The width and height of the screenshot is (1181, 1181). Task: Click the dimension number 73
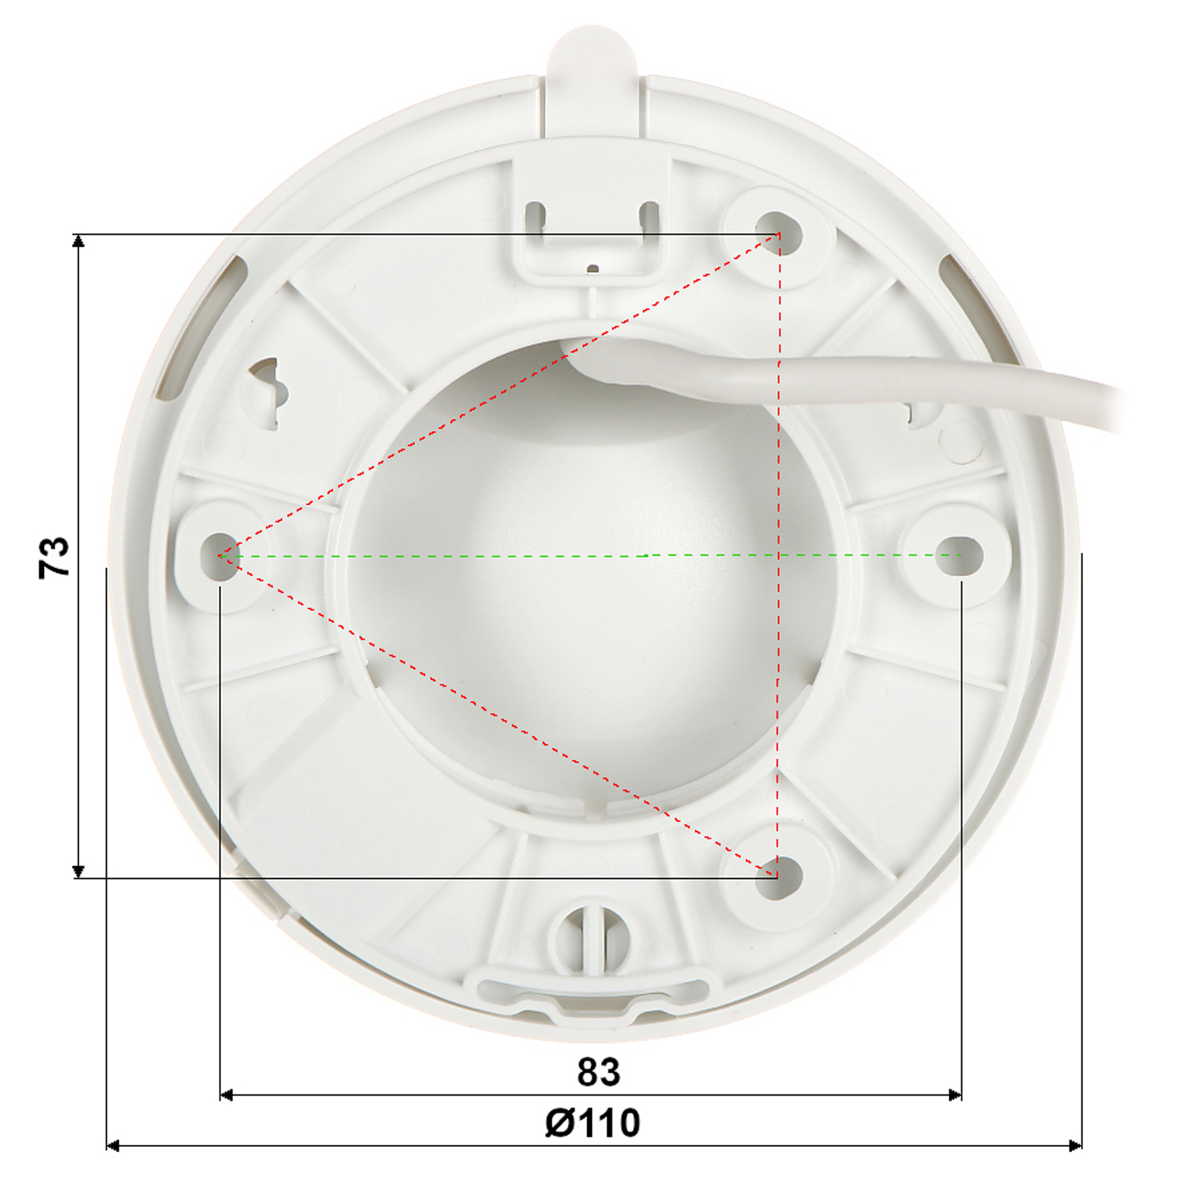(x=54, y=558)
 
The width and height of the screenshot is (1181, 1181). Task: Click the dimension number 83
(x=598, y=1072)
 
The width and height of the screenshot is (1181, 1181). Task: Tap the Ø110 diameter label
(x=592, y=1123)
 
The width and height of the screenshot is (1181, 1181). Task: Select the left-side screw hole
(x=220, y=556)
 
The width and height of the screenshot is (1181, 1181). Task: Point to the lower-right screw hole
(x=779, y=877)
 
